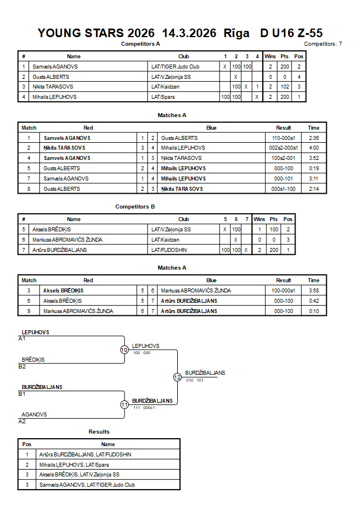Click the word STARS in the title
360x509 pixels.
click(104, 33)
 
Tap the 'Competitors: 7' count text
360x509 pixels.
click(323, 44)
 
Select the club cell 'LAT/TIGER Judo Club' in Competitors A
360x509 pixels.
click(175, 66)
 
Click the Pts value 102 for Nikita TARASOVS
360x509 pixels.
click(285, 87)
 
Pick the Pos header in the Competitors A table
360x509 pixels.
click(299, 56)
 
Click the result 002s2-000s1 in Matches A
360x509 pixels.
click(283, 148)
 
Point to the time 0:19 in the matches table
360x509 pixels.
click(314, 168)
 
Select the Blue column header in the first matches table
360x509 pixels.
click(211, 127)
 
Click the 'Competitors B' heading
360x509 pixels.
click(135, 206)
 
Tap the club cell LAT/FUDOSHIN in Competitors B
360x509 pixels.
click(169, 250)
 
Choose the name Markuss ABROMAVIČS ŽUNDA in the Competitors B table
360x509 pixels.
click(67, 239)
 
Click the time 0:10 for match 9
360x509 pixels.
click(314, 311)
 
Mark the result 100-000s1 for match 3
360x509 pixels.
click(283, 291)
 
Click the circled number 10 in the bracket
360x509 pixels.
click(125, 350)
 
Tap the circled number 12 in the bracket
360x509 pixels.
click(177, 377)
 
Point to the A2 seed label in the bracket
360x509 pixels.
click(22, 422)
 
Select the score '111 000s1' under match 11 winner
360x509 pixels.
click(144, 408)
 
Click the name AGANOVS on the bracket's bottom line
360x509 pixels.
click(34, 415)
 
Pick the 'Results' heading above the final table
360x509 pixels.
click(99, 432)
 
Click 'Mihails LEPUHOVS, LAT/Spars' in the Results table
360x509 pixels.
click(74, 465)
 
